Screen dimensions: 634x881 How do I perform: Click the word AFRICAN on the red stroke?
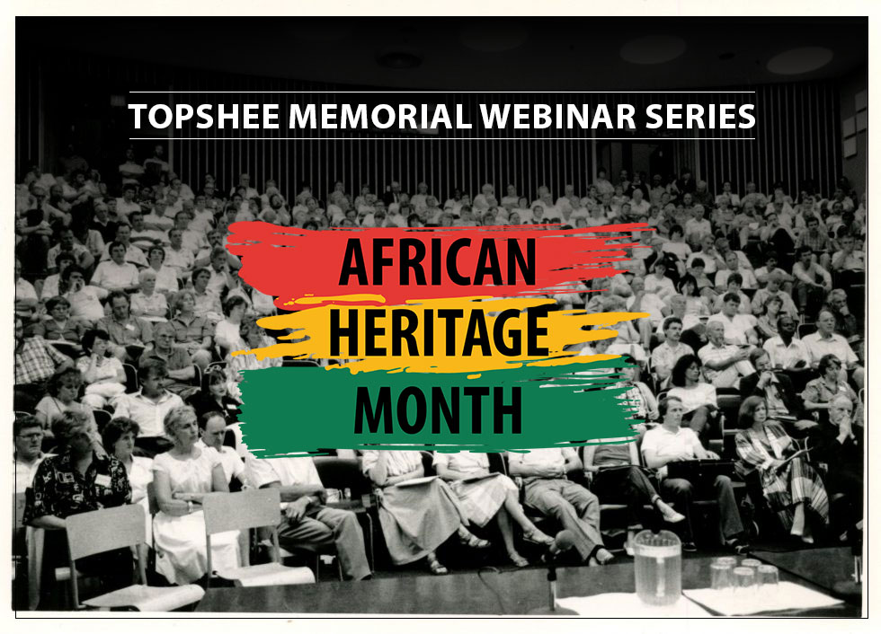[x=438, y=261]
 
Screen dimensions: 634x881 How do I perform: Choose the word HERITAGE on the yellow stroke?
[x=438, y=330]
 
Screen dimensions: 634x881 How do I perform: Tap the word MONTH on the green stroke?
[x=438, y=409]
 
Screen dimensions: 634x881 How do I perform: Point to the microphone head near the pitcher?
[x=562, y=542]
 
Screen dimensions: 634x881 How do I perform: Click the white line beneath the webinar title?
[x=440, y=138]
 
